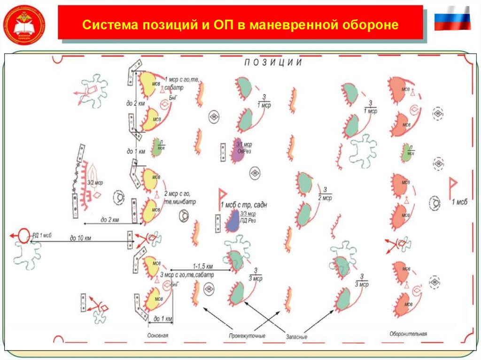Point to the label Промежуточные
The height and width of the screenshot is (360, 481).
247,336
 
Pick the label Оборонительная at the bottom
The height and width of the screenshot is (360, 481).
408,334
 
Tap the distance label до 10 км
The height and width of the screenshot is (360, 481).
81,238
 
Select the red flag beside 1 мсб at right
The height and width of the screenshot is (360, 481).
454,186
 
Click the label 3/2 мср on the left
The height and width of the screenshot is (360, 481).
95,182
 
